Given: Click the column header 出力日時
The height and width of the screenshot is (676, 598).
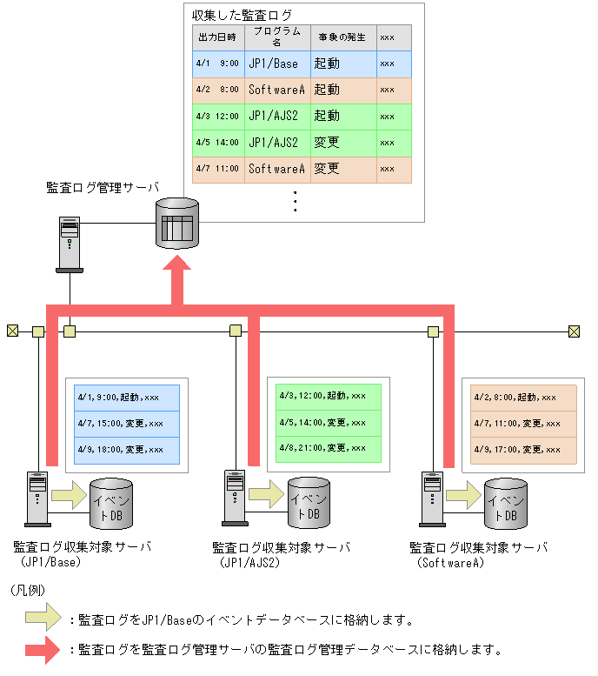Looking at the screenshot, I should [217, 37].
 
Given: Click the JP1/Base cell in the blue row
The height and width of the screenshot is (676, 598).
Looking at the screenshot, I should [273, 64].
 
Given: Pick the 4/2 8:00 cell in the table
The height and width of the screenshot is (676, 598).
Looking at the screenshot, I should [217, 90].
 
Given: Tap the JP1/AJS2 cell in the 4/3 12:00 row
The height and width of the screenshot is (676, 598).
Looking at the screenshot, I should [273, 116].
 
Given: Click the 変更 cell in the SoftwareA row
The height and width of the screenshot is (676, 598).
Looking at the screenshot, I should [327, 169].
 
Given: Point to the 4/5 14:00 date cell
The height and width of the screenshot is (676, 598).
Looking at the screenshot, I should [217, 143].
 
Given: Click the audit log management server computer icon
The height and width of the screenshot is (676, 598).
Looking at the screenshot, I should [70, 244].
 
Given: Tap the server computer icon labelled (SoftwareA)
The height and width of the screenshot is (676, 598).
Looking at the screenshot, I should [430, 499].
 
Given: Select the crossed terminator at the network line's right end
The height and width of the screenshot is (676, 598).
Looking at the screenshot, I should [574, 331].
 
